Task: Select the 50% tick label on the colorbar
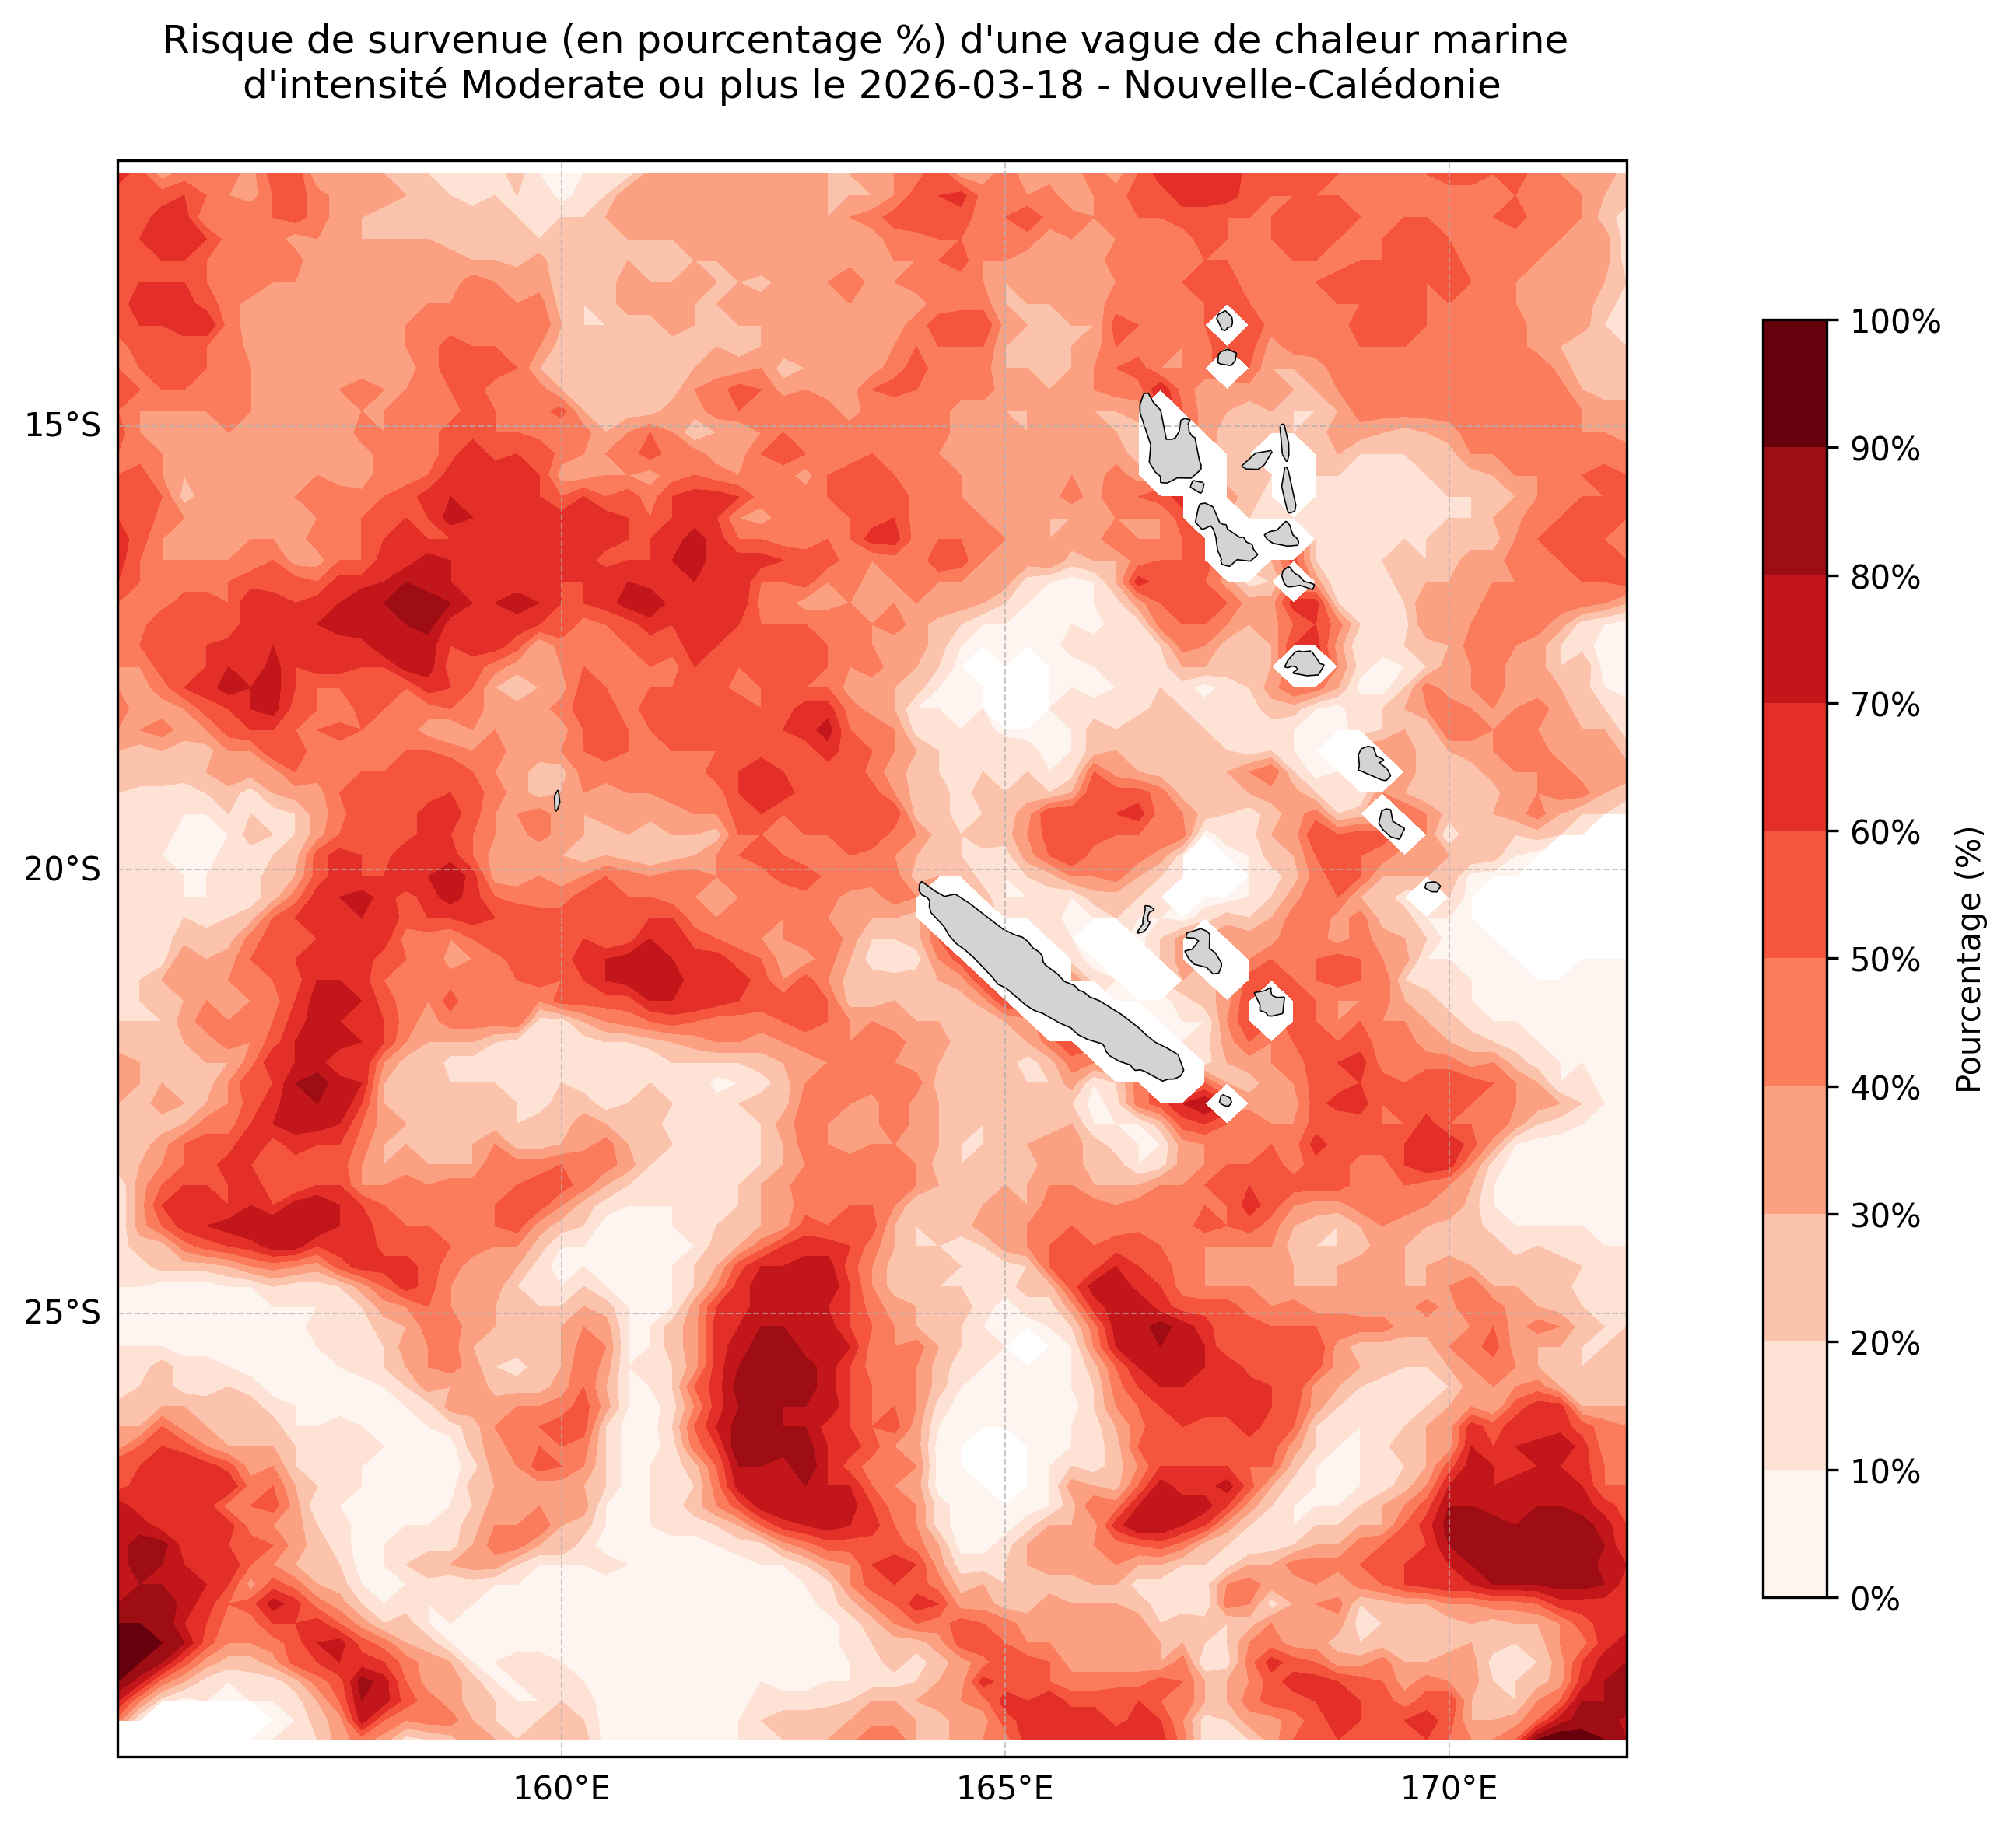click(1885, 960)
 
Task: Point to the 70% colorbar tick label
click(1885, 705)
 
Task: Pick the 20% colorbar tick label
click(1885, 1343)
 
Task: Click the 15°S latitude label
click(61, 426)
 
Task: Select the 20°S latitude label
click(61, 869)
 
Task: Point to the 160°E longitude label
click(562, 1790)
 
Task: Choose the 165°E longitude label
click(1004, 1790)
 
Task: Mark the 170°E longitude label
click(1449, 1790)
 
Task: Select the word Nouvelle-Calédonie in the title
click(1312, 86)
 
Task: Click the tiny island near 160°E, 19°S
click(556, 800)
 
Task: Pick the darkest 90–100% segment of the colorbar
click(1795, 384)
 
